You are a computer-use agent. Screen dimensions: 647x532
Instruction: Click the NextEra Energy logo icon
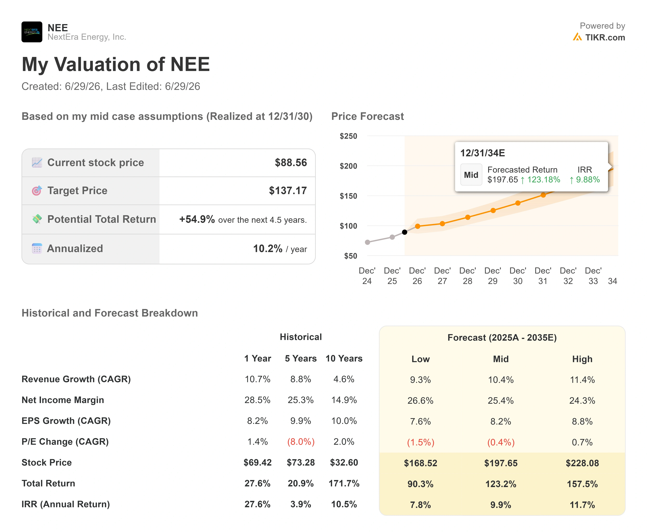point(32,32)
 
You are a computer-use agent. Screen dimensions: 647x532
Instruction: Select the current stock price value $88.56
point(291,162)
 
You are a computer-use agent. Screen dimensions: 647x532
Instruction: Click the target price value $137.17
point(288,191)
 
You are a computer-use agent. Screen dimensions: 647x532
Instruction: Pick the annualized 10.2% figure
point(267,249)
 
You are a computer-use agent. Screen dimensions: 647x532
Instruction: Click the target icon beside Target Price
point(37,191)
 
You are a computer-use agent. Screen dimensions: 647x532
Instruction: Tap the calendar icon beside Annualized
point(37,249)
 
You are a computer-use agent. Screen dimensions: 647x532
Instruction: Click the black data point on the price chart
point(404,232)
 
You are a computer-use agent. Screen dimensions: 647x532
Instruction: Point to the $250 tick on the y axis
point(348,136)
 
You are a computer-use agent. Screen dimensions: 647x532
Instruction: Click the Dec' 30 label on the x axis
point(518,276)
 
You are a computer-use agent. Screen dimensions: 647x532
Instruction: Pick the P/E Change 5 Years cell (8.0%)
point(301,442)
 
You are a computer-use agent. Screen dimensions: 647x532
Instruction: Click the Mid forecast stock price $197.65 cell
point(501,463)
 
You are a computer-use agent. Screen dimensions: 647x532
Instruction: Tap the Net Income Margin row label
point(63,400)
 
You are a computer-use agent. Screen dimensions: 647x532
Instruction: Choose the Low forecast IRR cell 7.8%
point(420,505)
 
